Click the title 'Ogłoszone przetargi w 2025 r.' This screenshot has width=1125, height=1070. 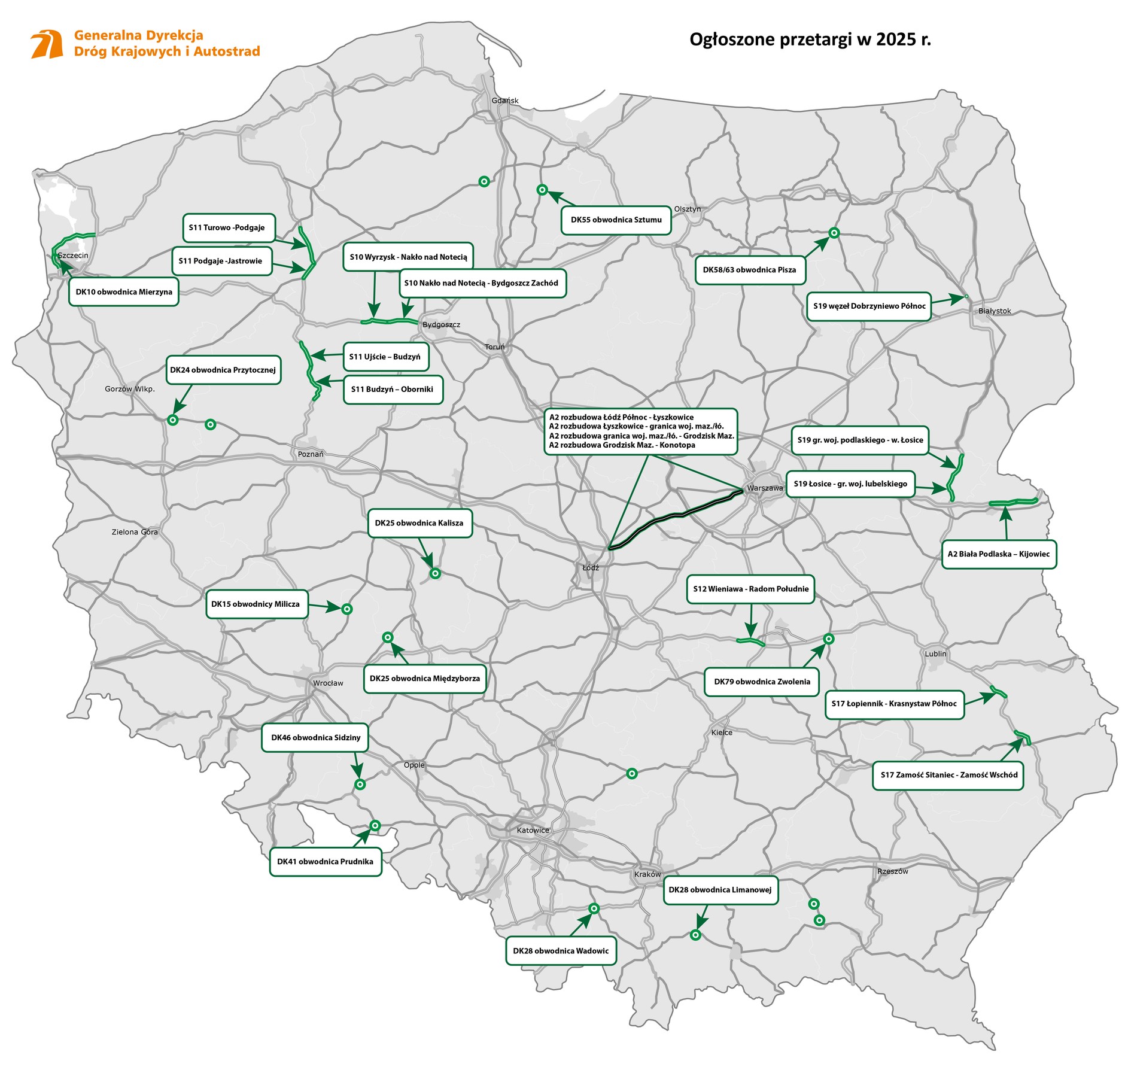810,39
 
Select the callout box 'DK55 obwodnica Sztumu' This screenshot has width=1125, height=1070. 616,220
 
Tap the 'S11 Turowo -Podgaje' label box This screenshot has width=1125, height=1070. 227,227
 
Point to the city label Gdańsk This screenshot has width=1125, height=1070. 504,101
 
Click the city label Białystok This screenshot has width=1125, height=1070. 995,311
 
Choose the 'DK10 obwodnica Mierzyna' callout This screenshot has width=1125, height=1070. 124,292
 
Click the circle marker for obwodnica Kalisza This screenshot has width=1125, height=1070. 435,573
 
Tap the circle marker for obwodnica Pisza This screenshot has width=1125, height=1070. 834,233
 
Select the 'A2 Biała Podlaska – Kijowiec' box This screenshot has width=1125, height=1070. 998,554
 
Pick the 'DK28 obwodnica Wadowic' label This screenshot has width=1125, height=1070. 561,950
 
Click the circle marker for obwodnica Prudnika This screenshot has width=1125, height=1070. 375,825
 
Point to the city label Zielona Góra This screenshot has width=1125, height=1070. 135,531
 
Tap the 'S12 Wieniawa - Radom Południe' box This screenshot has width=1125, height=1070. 750,589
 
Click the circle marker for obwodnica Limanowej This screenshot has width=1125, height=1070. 695,935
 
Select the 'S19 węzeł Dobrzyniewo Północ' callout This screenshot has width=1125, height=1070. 869,306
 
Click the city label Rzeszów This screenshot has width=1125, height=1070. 892,871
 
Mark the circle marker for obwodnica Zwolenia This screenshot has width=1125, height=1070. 829,639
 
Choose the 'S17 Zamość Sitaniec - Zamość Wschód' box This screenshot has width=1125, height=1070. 948,774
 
